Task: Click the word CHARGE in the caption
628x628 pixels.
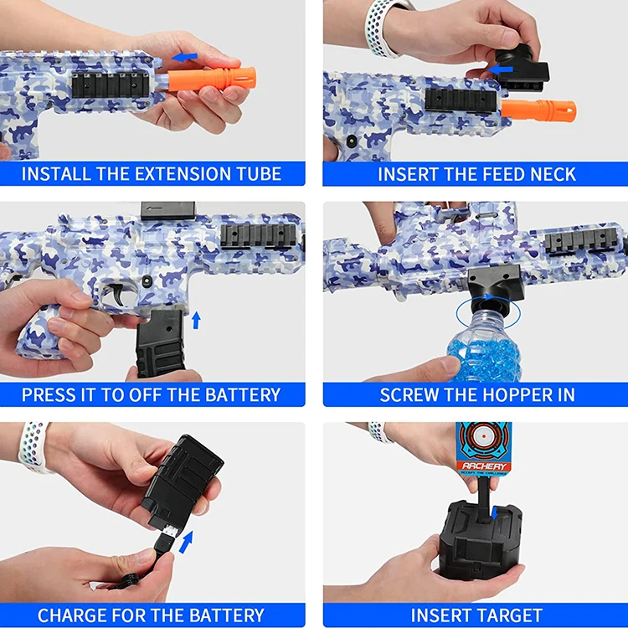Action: [73, 615]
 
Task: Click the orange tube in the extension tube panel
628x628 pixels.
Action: [210, 80]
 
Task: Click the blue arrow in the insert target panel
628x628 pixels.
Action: [496, 512]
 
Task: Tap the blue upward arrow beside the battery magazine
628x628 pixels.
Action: [196, 319]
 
